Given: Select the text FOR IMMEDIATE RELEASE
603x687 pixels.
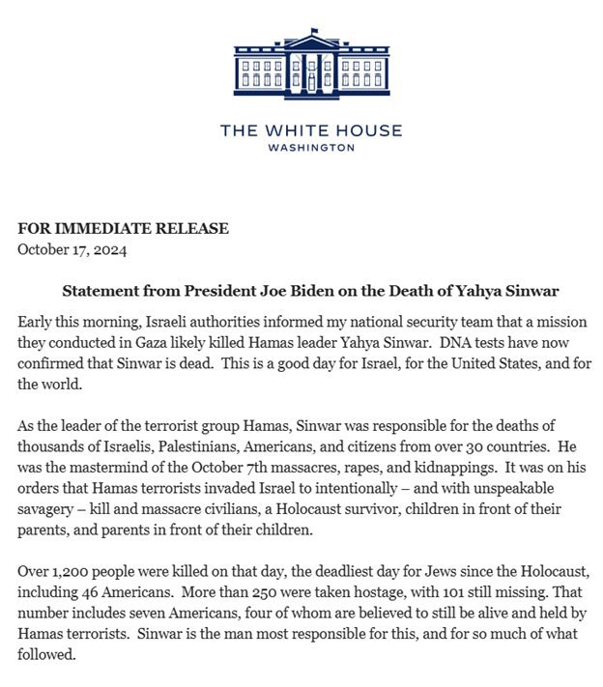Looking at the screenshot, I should [124, 229].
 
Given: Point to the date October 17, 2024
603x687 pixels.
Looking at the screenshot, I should [72, 250].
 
